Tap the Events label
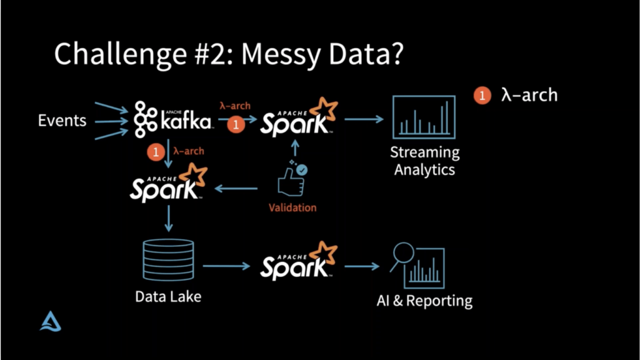coord(62,120)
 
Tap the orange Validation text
coord(292,207)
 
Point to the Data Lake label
coord(168,296)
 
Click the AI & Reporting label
coord(424,301)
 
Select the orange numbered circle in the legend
coord(482,96)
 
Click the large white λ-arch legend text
coord(529,95)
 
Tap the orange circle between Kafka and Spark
coord(236,125)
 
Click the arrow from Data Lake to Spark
coord(226,266)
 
